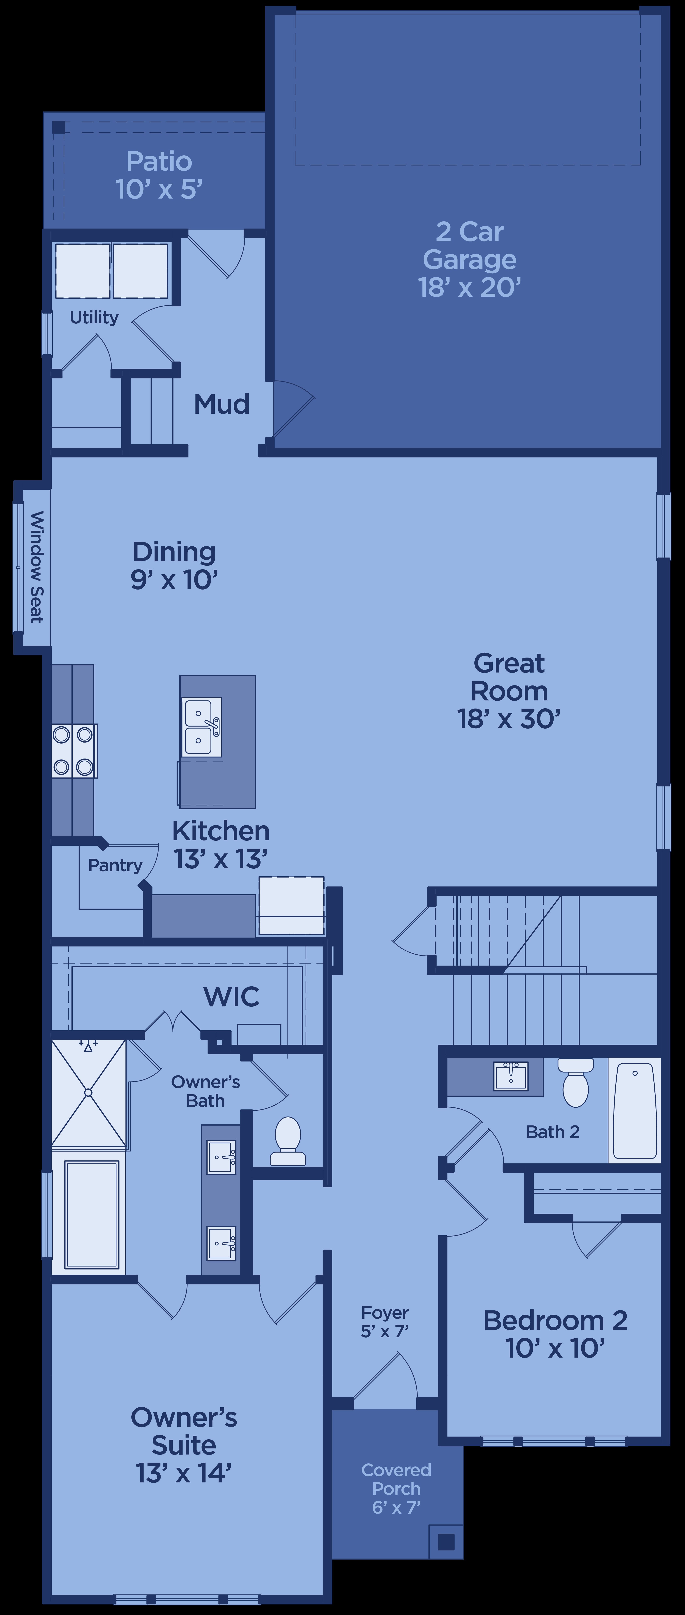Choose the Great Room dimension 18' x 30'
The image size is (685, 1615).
tap(509, 718)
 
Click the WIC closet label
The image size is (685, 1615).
tap(231, 997)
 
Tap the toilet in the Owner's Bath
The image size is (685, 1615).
tap(288, 1140)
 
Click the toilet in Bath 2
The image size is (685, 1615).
tap(575, 1083)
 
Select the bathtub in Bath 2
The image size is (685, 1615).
tap(635, 1110)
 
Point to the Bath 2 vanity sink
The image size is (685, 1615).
tap(511, 1075)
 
